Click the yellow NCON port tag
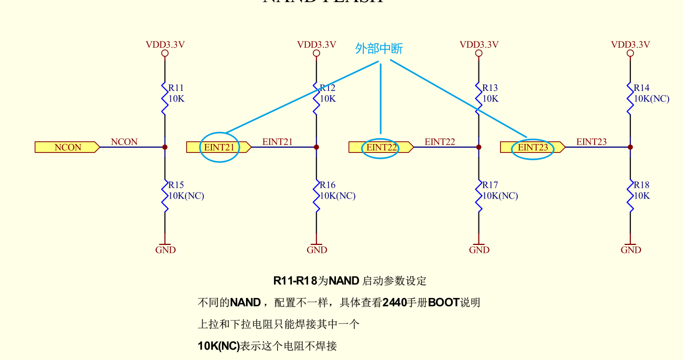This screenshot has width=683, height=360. [x=67, y=147]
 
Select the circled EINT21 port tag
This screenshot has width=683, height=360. [x=219, y=147]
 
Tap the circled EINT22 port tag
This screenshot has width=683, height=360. [x=381, y=147]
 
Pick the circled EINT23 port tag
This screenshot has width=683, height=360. [x=533, y=147]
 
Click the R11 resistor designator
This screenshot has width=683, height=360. [x=176, y=88]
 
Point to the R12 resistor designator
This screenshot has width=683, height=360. [x=328, y=88]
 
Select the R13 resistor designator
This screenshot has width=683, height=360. [x=490, y=88]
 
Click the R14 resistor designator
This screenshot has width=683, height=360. [x=641, y=88]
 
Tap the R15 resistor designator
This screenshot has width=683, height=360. [x=176, y=185]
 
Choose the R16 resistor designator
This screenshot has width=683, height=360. [x=328, y=185]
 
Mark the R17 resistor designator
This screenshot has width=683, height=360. [x=490, y=185]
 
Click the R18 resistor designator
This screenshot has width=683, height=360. [x=641, y=185]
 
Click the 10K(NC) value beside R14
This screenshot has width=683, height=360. [x=651, y=99]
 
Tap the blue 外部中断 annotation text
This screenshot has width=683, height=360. [x=379, y=49]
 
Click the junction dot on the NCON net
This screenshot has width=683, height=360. [x=165, y=147]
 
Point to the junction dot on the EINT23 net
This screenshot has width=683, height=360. [x=630, y=147]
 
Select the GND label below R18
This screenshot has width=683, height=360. [x=630, y=250]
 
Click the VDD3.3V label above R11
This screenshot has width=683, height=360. [x=165, y=45]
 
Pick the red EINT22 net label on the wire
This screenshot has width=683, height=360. [x=440, y=141]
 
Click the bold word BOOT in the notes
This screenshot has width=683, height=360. [x=444, y=303]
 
